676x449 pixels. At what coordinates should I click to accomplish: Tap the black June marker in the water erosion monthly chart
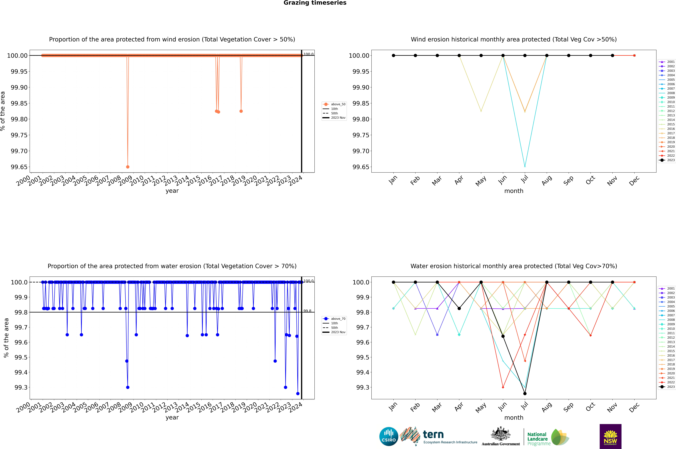(x=503, y=336)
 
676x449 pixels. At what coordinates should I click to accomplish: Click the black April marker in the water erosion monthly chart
(x=459, y=308)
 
